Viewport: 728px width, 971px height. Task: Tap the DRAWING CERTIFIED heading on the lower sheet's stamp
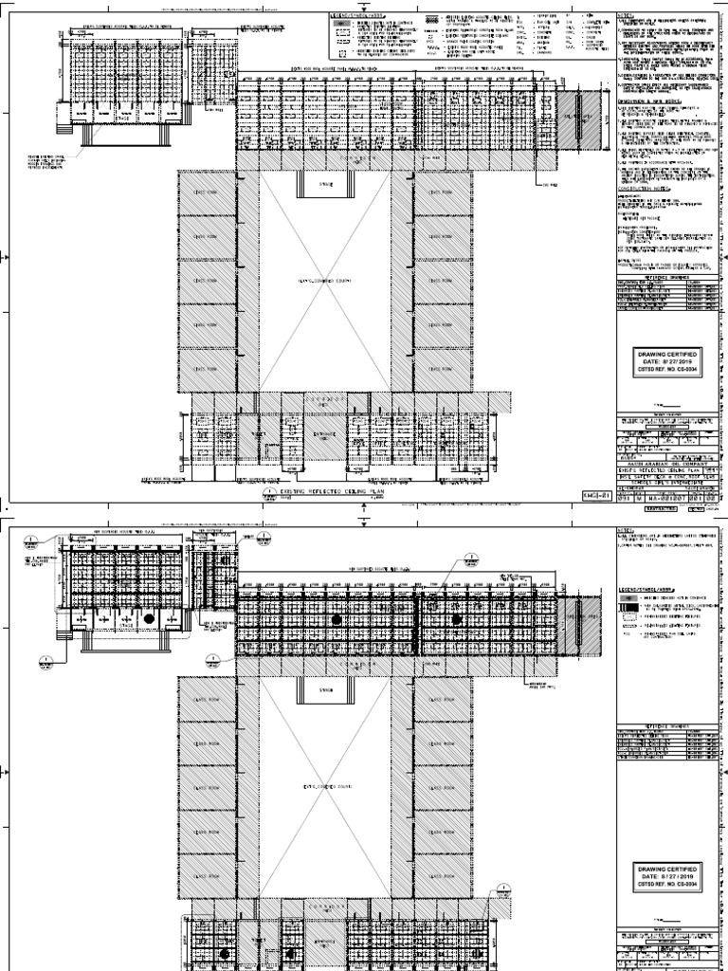664,869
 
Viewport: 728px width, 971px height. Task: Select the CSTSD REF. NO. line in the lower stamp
664,885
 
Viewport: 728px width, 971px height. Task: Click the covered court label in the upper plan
325,282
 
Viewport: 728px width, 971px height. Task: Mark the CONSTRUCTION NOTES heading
644,188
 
